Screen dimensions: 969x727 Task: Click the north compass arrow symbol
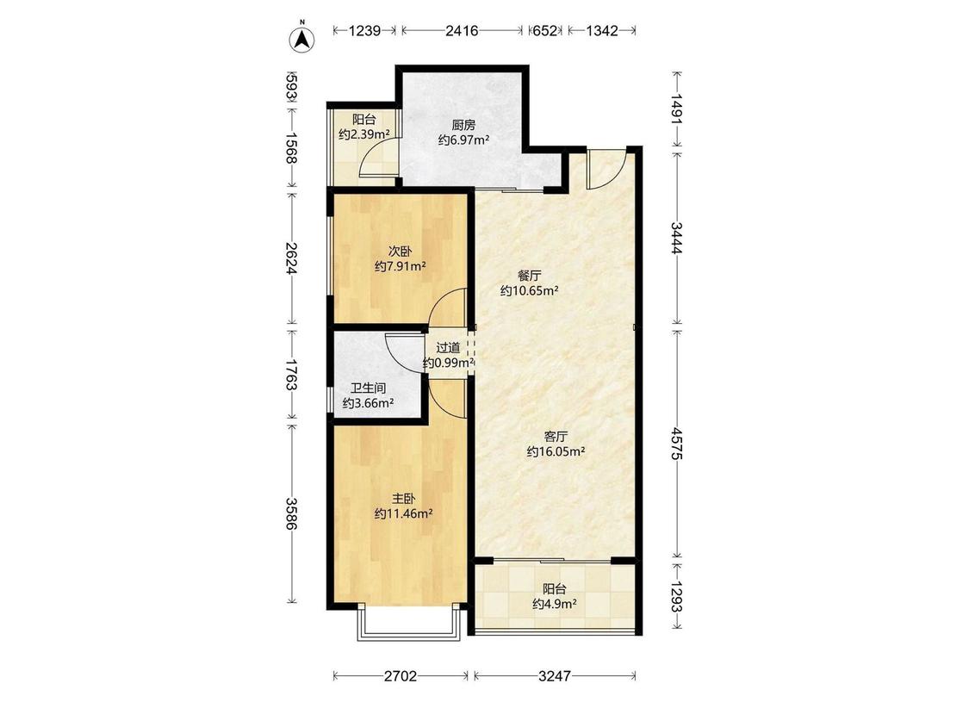point(302,40)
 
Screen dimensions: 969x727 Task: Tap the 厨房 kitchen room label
point(463,124)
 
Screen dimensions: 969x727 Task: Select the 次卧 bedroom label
point(400,252)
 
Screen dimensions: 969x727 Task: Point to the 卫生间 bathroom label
point(369,388)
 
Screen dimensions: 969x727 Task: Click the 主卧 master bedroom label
point(403,498)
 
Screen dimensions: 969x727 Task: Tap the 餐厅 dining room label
point(529,276)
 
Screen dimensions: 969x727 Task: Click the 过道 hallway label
point(448,348)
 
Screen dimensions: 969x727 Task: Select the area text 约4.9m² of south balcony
point(555,604)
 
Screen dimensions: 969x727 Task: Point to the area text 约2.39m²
point(364,134)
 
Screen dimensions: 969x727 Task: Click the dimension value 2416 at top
point(462,30)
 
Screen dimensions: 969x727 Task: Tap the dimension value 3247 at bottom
point(555,676)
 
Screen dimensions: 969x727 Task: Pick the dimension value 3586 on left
point(292,513)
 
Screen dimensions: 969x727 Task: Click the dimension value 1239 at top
point(364,30)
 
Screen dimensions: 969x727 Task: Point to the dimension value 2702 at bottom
point(401,676)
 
